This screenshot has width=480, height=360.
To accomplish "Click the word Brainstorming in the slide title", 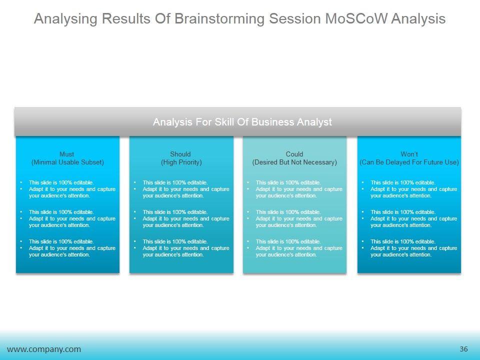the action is pos(219,19).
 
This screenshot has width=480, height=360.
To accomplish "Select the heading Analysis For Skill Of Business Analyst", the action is pos(242,122).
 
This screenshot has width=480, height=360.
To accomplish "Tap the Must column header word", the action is pos(66,154).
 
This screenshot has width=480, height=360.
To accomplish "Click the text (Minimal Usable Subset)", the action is pos(67,162).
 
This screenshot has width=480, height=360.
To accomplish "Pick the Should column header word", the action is pos(180,154).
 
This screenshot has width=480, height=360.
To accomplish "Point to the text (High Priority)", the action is pos(181,162).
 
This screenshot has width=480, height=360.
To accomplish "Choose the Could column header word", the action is pos(294,154).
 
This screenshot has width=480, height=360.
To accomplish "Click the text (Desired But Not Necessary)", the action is pos(294,162).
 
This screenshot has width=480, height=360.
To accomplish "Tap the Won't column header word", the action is pos(409,154).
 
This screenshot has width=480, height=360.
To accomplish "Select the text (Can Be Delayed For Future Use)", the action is pos(409,162).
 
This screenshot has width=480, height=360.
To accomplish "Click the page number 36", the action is pos(464,349).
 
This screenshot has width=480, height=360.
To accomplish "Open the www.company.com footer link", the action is pos(44,349).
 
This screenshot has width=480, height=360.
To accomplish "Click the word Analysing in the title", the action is pos(65,19).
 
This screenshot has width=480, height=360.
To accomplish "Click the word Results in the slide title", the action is pos(126,18).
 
